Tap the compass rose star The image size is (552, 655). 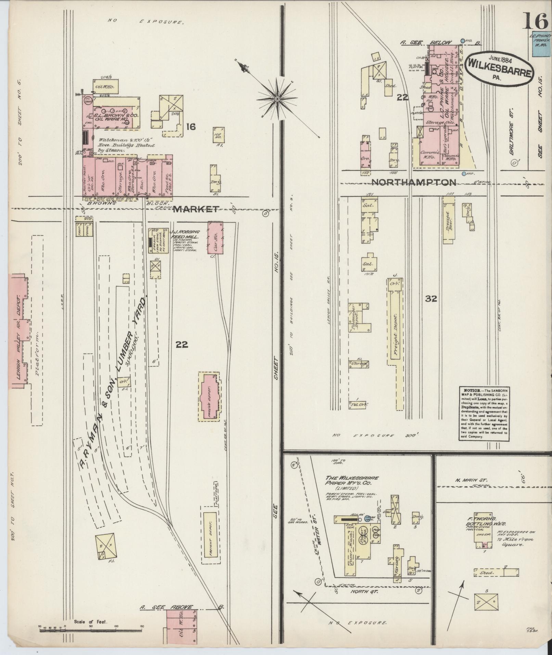click(x=277, y=99)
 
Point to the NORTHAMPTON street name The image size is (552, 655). click(x=413, y=182)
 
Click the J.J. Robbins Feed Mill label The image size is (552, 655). click(x=185, y=234)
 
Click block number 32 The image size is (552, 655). click(x=431, y=299)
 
